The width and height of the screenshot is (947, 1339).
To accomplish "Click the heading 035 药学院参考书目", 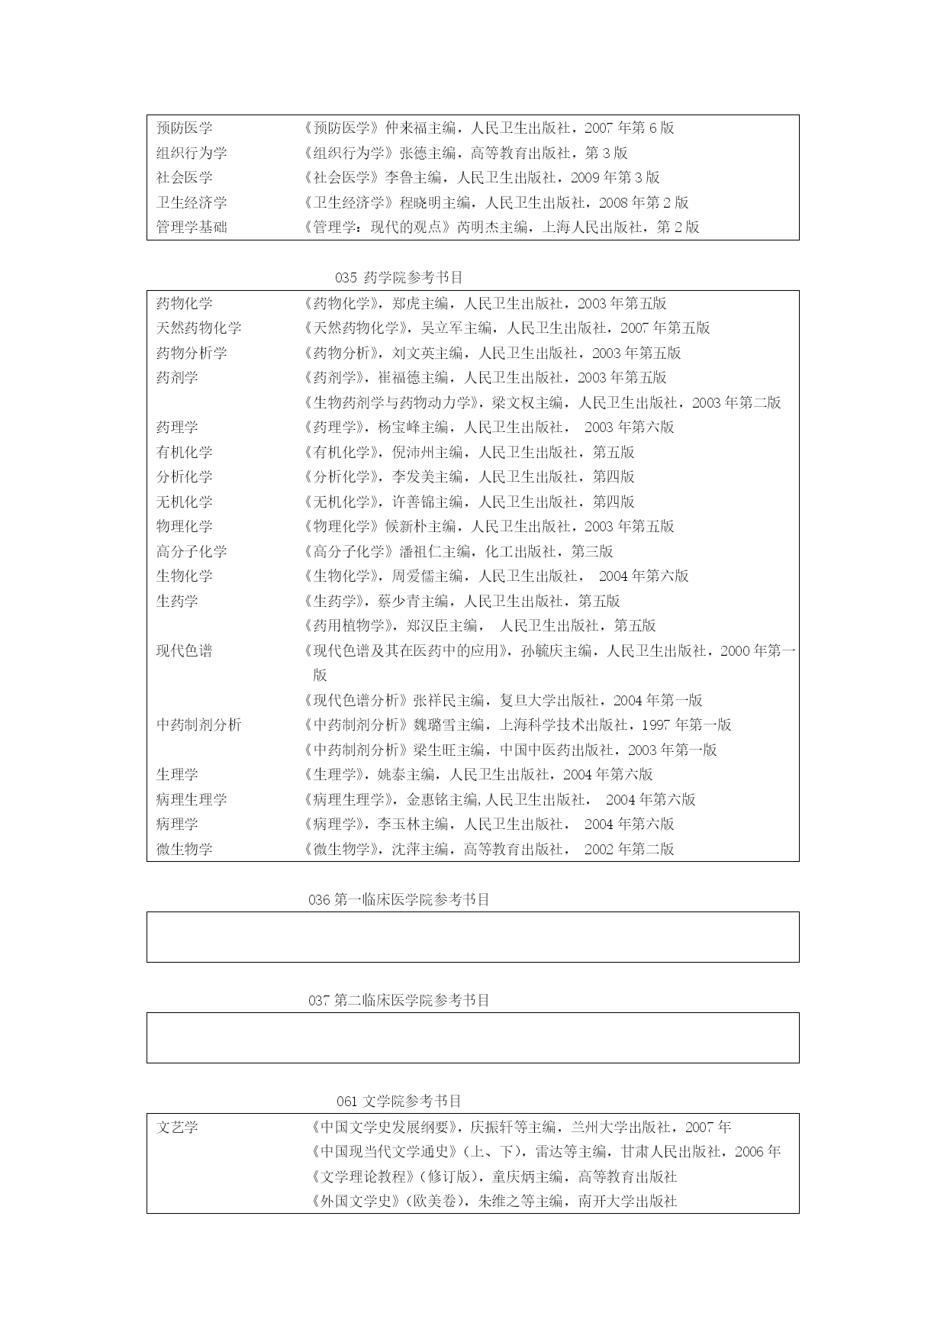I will pos(398,277).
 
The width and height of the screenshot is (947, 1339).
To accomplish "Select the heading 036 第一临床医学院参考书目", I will pos(398,899).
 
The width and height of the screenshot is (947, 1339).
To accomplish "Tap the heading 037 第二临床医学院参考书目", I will pos(398,1000).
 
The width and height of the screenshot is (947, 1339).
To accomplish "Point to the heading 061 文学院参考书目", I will pos(398,1101).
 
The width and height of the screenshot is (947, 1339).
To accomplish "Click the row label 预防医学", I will pos(184,128).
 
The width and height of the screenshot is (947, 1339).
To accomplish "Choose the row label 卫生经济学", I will pos(192,202).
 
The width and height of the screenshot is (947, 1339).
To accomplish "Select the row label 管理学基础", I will pos(192,227).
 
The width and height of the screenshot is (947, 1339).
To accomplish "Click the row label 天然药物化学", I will pos(198,328).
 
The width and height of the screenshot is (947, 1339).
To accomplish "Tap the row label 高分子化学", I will pos(192,551).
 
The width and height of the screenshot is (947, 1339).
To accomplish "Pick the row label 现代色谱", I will pos(184,650).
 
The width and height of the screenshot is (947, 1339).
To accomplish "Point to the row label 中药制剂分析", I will pos(198,724).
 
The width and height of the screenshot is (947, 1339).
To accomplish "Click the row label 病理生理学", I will pos(192,799).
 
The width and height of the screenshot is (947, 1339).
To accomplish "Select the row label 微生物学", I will pos(184,849).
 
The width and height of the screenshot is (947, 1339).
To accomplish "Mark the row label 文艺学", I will pos(177,1127).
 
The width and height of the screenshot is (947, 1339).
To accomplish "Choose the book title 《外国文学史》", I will pos(356,1201).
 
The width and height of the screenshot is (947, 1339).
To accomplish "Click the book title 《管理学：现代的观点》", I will pos(378,227).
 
